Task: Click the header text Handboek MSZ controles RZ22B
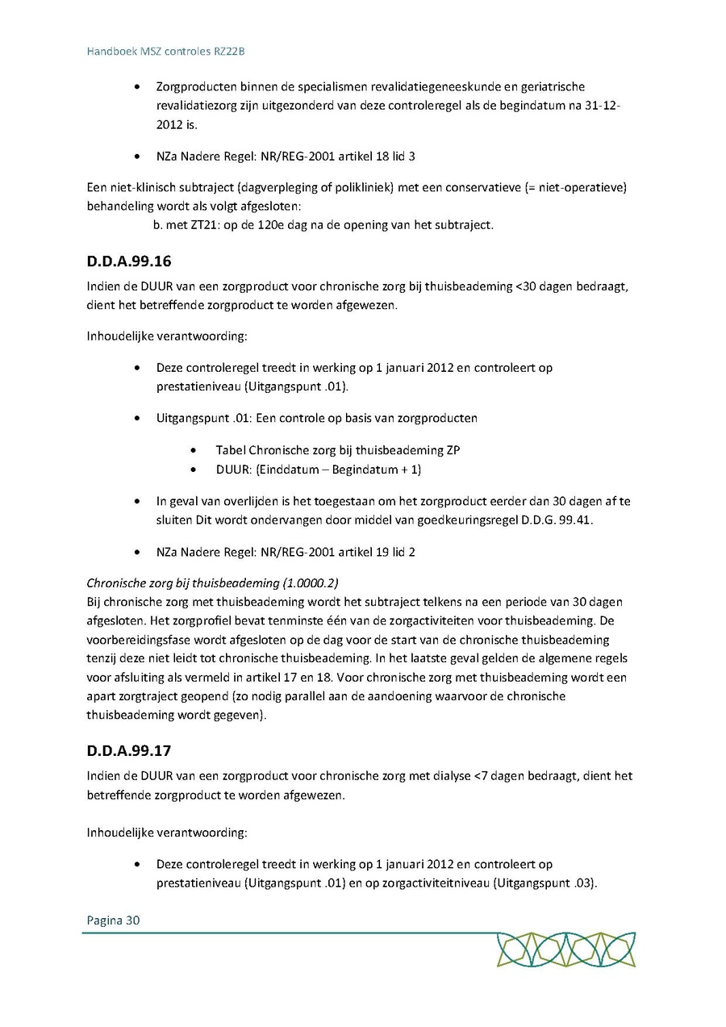[x=165, y=51]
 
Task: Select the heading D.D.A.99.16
[x=129, y=261]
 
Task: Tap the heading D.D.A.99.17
[x=129, y=750]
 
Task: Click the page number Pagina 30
[x=113, y=920]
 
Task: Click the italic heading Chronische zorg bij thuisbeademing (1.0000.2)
[x=214, y=582]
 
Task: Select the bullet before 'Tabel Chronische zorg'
[x=198, y=450]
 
